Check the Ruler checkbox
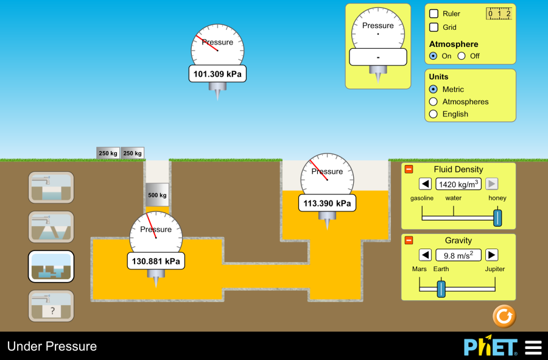[x=434, y=13]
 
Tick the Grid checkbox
[x=434, y=27]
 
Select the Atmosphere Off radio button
[x=462, y=56]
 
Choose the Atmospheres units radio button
[x=434, y=102]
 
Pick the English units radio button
[x=434, y=114]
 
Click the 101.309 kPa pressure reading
[x=217, y=74]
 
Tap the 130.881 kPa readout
[x=156, y=261]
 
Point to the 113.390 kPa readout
[x=327, y=203]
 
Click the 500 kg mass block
[x=157, y=195]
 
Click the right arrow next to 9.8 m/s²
[x=491, y=255]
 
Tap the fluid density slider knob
[x=497, y=217]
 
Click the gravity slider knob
[x=441, y=289]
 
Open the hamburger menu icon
[x=533, y=347]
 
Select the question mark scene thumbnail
[x=51, y=306]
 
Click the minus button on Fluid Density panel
[x=409, y=169]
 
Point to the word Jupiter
[x=494, y=269]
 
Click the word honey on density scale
[x=497, y=198]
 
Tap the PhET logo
[x=490, y=347]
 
